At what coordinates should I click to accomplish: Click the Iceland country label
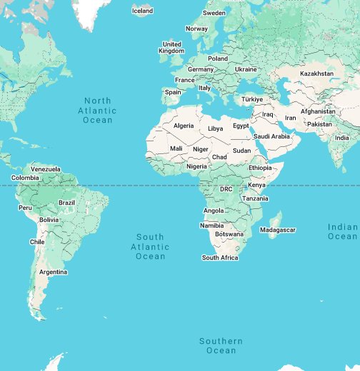pyautogui.click(x=143, y=11)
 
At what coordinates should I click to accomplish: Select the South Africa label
pyautogui.click(x=220, y=258)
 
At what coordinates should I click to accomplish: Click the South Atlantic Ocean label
pyautogui.click(x=150, y=246)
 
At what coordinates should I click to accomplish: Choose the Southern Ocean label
pyautogui.click(x=221, y=346)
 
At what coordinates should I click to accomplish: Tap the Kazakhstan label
pyautogui.click(x=316, y=73)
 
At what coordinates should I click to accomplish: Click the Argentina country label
pyautogui.click(x=54, y=272)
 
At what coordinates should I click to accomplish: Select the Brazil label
pyautogui.click(x=66, y=203)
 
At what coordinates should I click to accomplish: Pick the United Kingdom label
pyautogui.click(x=171, y=47)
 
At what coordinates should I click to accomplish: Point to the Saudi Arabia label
pyautogui.click(x=271, y=136)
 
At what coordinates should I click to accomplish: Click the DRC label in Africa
pyautogui.click(x=226, y=189)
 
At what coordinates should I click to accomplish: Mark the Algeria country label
pyautogui.click(x=184, y=126)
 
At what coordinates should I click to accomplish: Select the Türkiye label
pyautogui.click(x=252, y=99)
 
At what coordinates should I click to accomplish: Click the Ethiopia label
pyautogui.click(x=260, y=167)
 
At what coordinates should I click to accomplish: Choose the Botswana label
pyautogui.click(x=229, y=234)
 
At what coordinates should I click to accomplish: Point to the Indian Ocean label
pyautogui.click(x=343, y=232)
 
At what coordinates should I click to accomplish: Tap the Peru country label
pyautogui.click(x=25, y=208)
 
